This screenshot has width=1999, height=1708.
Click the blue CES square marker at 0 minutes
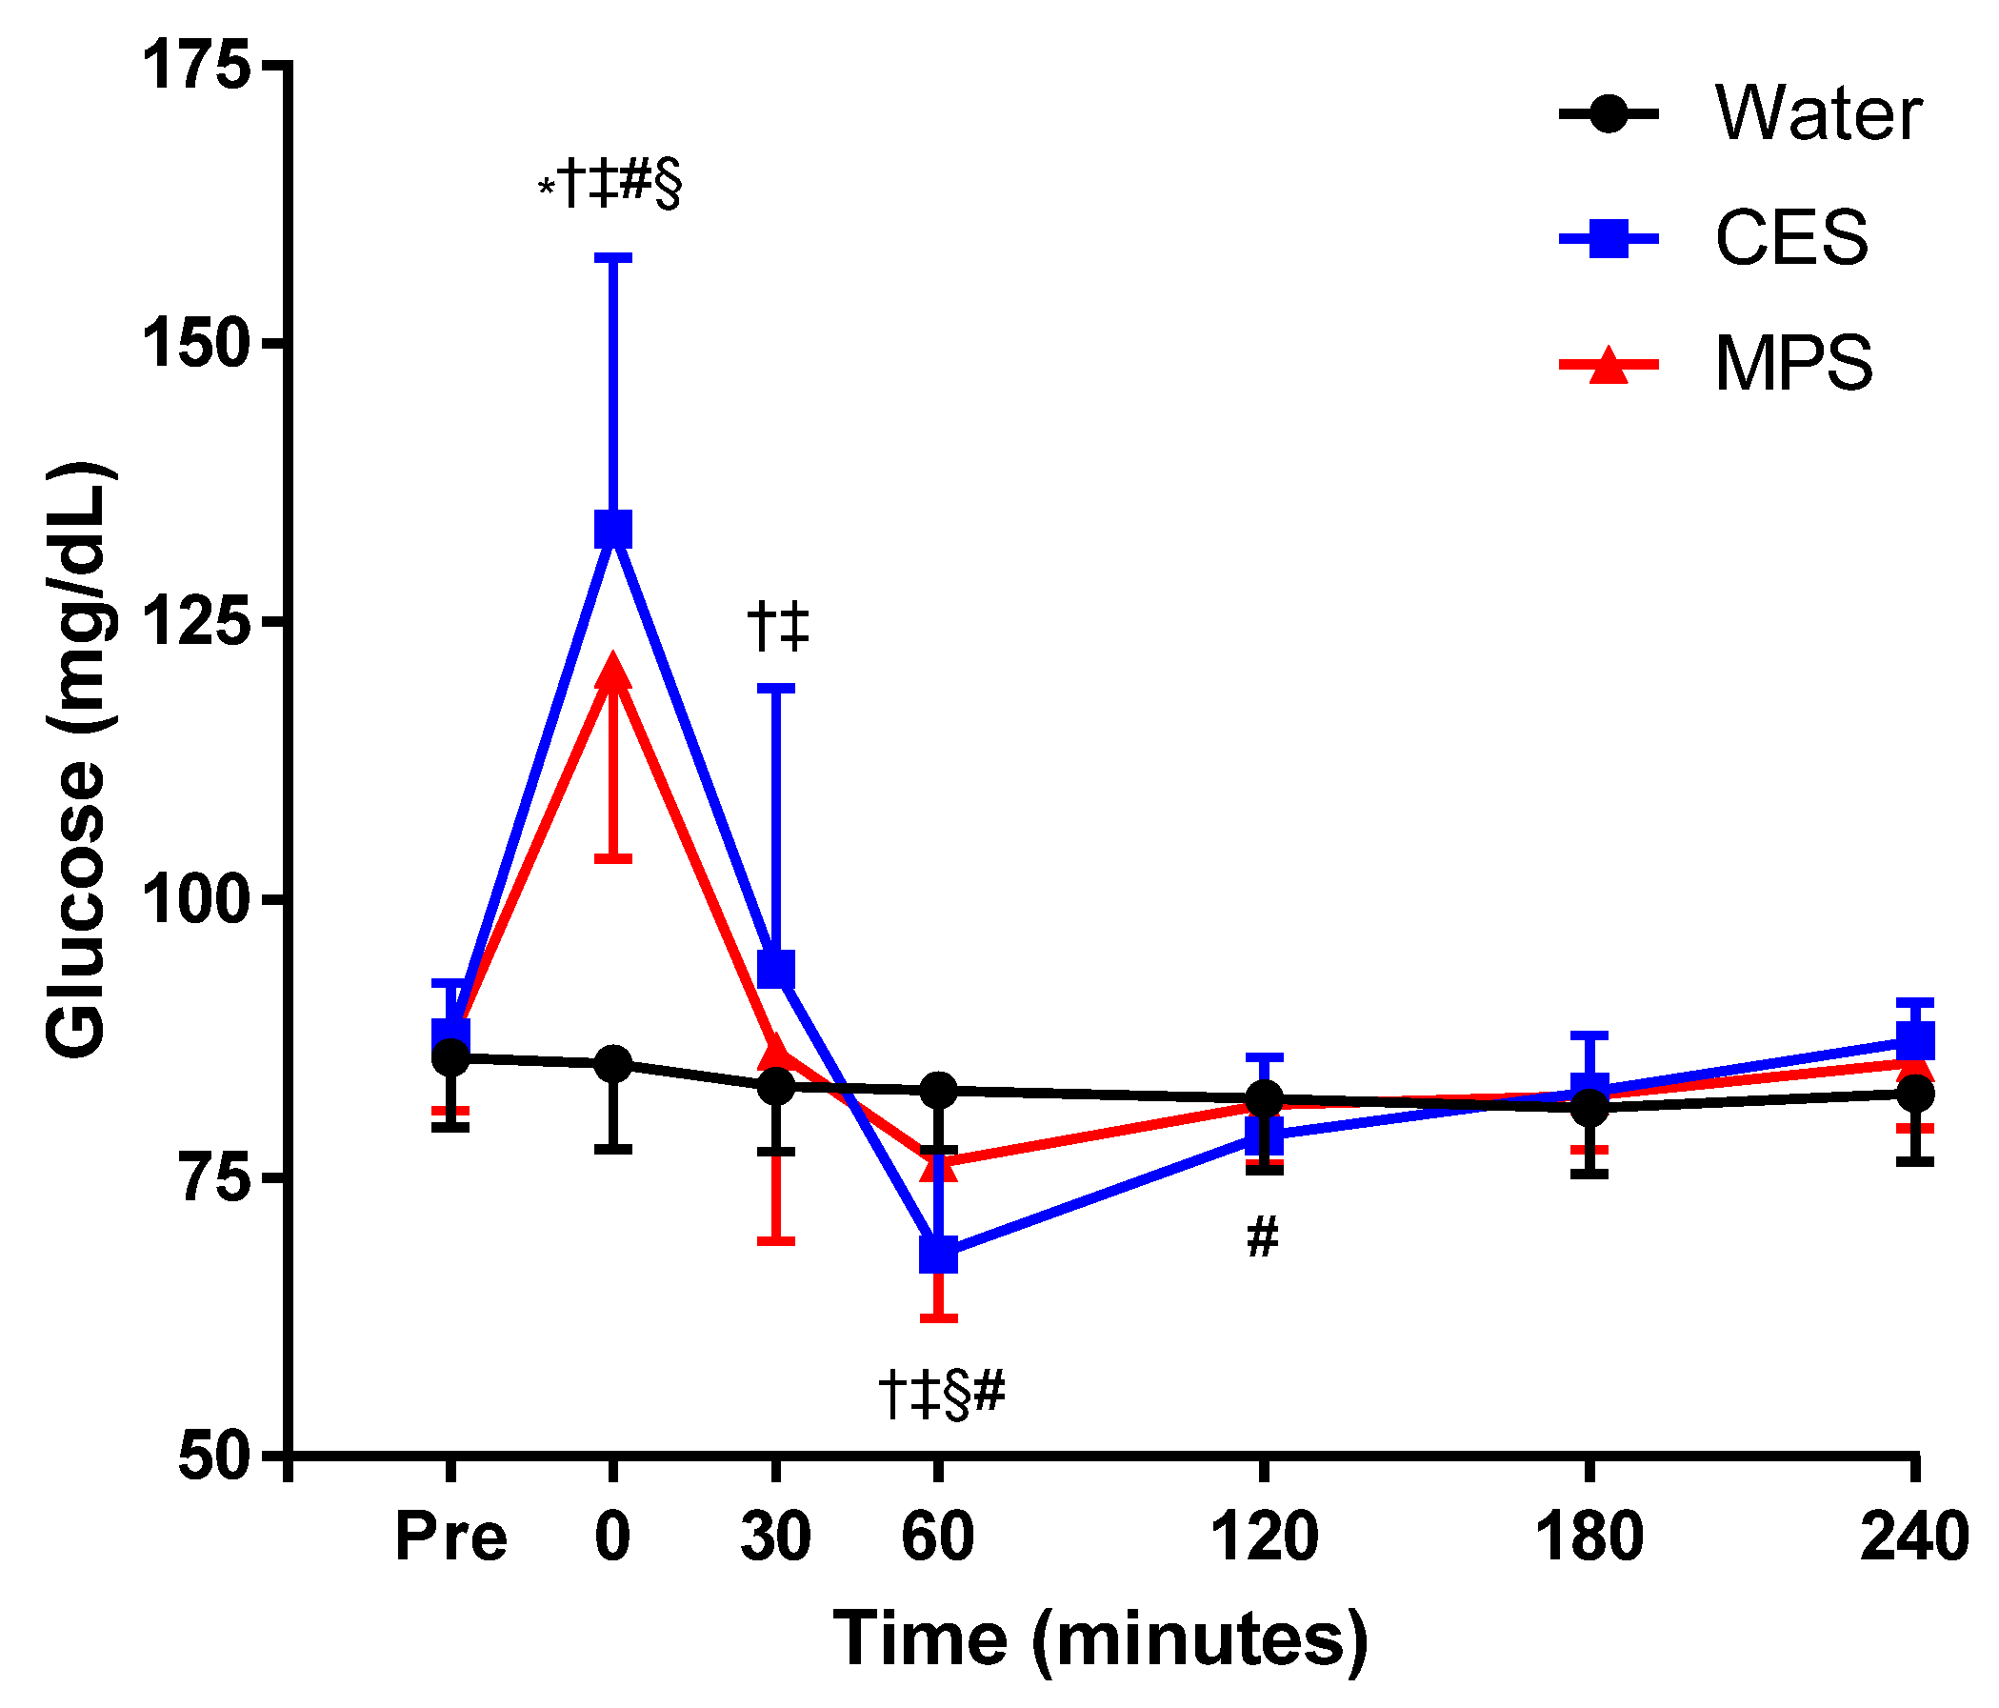coord(613,530)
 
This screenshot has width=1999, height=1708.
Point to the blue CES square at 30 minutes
coord(776,969)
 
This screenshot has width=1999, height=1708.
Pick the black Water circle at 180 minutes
coord(1589,1109)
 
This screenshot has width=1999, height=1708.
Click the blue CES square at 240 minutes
coord(1915,1042)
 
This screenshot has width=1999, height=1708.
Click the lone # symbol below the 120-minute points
coord(1263,1238)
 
